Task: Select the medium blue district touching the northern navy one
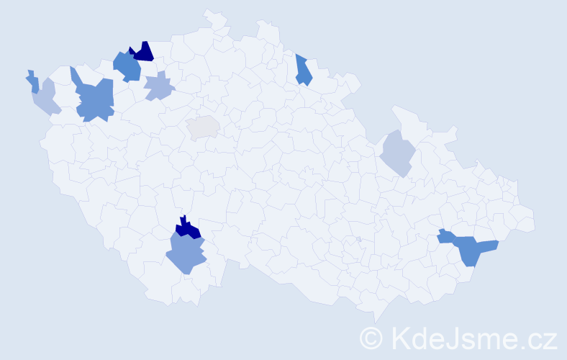coord(127,66)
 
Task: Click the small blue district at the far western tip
coord(33,81)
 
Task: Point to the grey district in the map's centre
coord(204,127)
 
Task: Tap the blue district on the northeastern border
coord(303,71)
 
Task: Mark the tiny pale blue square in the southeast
coord(358,239)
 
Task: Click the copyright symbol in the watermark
coord(371,337)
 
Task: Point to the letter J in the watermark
coord(453,337)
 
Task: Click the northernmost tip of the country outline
coord(209,11)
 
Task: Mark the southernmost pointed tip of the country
coord(376,322)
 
